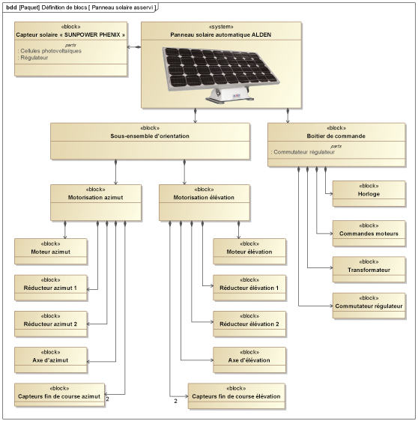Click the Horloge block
pyautogui.click(x=369, y=193)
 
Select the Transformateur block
pyautogui.click(x=369, y=269)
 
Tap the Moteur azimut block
pyautogui.click(x=51, y=251)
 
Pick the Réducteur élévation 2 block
pyautogui.click(x=249, y=324)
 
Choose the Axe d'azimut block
pyautogui.click(x=51, y=360)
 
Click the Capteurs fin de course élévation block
pyautogui.click(x=236, y=396)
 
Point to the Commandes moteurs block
pyautogui.click(x=369, y=233)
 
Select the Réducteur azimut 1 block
pyautogui.click(x=51, y=288)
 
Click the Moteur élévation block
pyautogui.click(x=249, y=251)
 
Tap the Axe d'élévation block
pyautogui.click(x=249, y=360)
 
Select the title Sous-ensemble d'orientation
pyautogui.click(x=150, y=136)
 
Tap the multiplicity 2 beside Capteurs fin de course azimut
pyautogui.click(x=107, y=399)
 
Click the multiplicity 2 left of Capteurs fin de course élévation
pyautogui.click(x=175, y=401)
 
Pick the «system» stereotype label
pyautogui.click(x=221, y=26)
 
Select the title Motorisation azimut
pyautogui.click(x=96, y=197)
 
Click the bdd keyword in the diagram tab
pyautogui.click(x=11, y=7)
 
